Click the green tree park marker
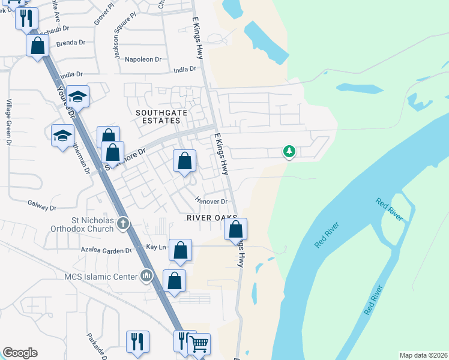(289, 151)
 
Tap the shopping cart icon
(199, 344)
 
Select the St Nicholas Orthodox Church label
(83, 224)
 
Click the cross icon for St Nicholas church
(122, 224)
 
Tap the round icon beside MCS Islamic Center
(146, 276)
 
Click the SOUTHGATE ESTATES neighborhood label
(158, 116)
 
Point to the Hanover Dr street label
(211, 202)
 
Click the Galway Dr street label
(41, 206)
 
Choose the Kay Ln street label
(155, 247)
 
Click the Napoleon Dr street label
(143, 59)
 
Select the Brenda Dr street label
(71, 44)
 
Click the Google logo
(20, 353)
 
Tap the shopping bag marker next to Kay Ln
(180, 250)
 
